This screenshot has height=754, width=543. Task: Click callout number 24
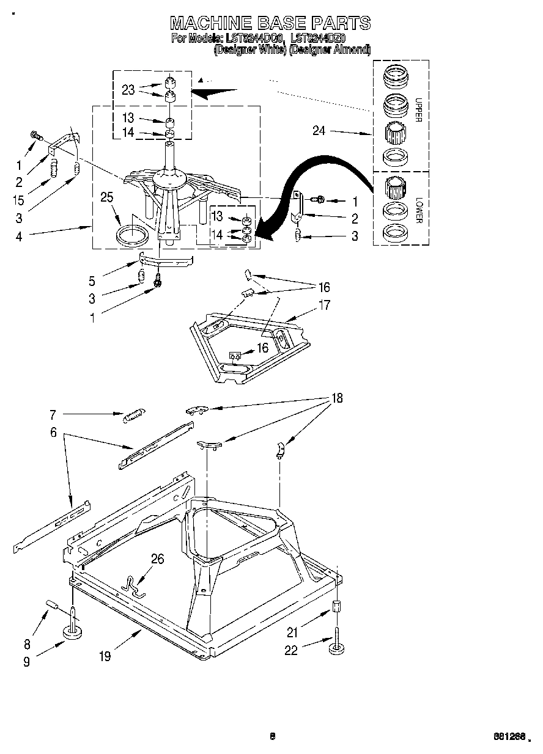click(318, 130)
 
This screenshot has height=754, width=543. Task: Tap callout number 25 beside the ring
click(107, 197)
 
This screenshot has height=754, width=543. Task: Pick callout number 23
click(128, 90)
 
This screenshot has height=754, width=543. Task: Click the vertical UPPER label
click(418, 109)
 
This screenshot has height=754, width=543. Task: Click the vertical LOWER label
click(418, 209)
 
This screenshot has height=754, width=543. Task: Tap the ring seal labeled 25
click(133, 235)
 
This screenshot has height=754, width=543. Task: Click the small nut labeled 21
click(336, 607)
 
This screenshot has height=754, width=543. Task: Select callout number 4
click(19, 235)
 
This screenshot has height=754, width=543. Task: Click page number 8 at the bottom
click(272, 736)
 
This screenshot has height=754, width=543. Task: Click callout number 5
click(92, 281)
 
